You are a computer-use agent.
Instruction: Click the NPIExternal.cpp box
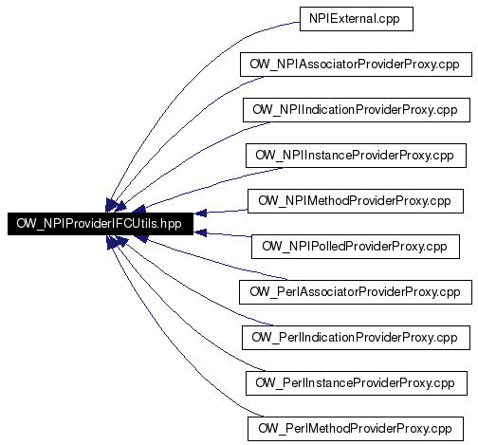pyautogui.click(x=357, y=19)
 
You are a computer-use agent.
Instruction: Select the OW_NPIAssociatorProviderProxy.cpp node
pyautogui.click(x=356, y=65)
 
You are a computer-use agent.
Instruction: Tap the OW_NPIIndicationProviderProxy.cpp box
pyautogui.click(x=357, y=110)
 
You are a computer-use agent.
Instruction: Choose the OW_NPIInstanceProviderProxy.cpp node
pyautogui.click(x=356, y=156)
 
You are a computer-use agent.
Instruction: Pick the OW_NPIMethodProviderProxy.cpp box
pyautogui.click(x=356, y=201)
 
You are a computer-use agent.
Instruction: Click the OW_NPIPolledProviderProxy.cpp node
pyautogui.click(x=356, y=247)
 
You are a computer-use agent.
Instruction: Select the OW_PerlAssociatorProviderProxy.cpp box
pyautogui.click(x=356, y=292)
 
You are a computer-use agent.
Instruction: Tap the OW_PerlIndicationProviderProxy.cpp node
pyautogui.click(x=356, y=338)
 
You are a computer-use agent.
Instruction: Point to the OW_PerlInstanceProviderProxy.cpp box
pyautogui.click(x=357, y=383)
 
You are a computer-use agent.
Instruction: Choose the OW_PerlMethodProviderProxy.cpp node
pyautogui.click(x=356, y=429)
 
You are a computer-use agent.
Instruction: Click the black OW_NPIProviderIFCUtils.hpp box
pyautogui.click(x=101, y=224)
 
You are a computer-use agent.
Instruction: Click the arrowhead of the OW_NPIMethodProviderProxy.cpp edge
pyautogui.click(x=200, y=213)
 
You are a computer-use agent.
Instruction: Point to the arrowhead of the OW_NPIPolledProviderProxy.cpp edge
pyautogui.click(x=200, y=233)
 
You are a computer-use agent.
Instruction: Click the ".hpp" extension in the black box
pyautogui.click(x=171, y=224)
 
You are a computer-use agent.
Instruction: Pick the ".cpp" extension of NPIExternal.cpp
pyautogui.click(x=388, y=20)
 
